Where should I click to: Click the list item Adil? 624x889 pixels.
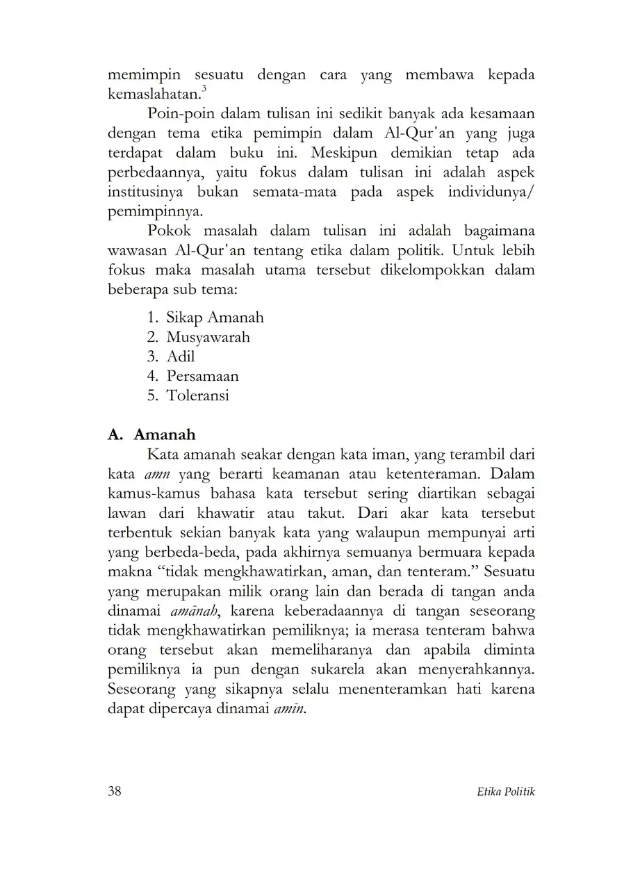181,357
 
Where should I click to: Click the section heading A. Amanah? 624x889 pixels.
152,434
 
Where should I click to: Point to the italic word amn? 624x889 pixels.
158,475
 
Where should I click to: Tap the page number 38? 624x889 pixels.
115,791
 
